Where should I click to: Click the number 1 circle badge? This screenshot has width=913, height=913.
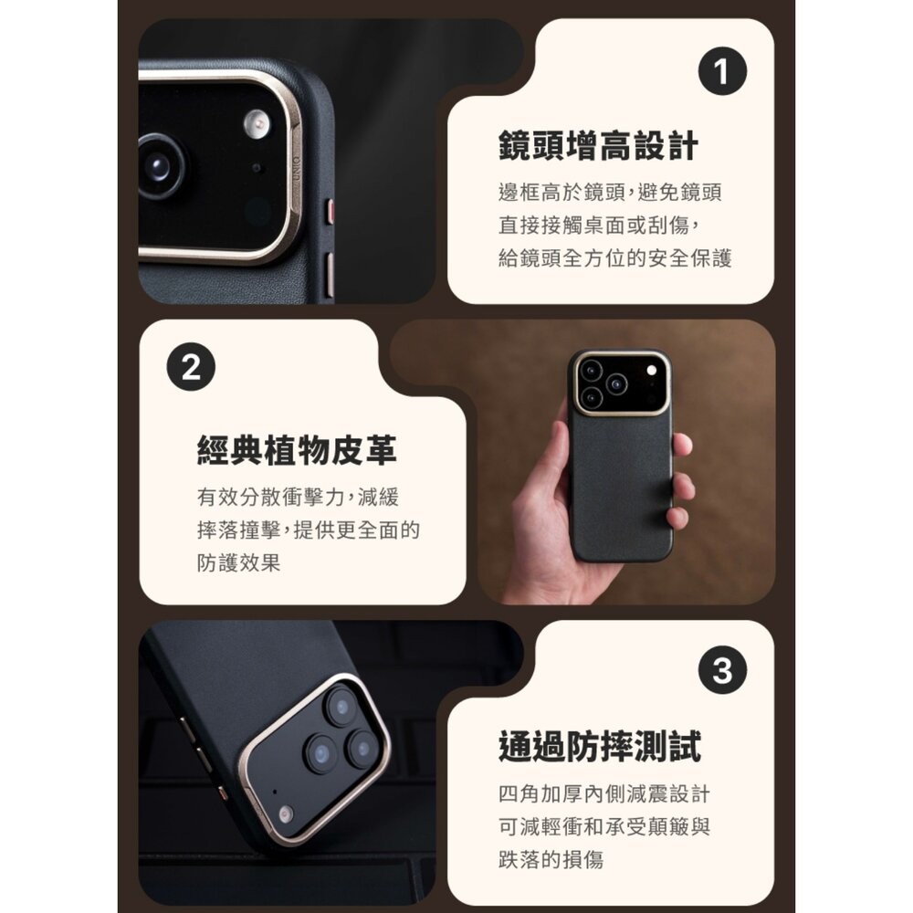722,74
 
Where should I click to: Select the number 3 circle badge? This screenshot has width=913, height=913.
722,671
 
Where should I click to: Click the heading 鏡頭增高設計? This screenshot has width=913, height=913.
598,146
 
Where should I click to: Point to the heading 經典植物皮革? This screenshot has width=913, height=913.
297,450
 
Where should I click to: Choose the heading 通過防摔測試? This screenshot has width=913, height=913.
599,746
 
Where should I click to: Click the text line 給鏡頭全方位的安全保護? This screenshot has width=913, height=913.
615,258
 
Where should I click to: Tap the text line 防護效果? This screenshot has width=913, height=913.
239,562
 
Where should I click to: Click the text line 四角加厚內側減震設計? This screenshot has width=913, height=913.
603,793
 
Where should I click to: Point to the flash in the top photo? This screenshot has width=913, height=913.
257,124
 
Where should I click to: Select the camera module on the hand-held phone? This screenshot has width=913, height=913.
618,383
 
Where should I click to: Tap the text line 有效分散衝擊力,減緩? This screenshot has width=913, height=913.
298,498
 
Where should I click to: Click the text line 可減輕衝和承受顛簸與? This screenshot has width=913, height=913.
603,826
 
